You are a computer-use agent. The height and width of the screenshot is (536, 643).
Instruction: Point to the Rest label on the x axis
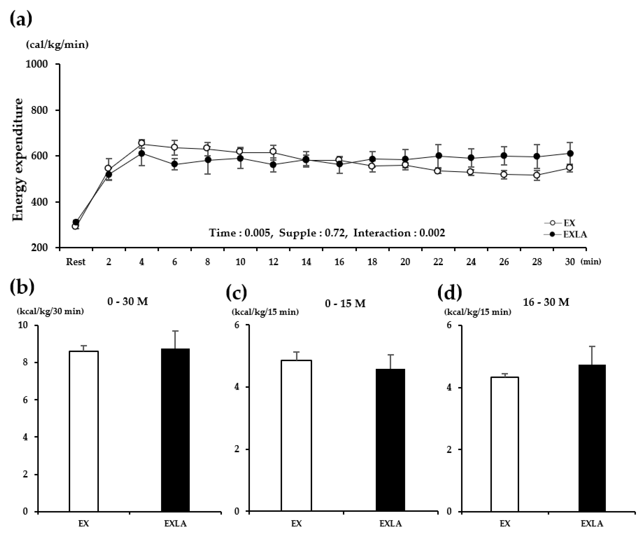(x=76, y=262)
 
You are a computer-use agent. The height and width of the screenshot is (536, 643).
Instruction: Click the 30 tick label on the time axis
(x=569, y=262)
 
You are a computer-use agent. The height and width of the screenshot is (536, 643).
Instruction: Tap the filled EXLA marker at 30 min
(x=570, y=153)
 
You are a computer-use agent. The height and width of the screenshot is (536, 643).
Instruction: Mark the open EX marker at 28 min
(x=537, y=175)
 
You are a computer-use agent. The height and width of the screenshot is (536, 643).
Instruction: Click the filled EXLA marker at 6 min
(x=174, y=164)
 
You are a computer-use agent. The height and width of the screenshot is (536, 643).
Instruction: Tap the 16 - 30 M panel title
(x=546, y=302)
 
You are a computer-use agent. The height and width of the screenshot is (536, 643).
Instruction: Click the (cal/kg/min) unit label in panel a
(x=57, y=45)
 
